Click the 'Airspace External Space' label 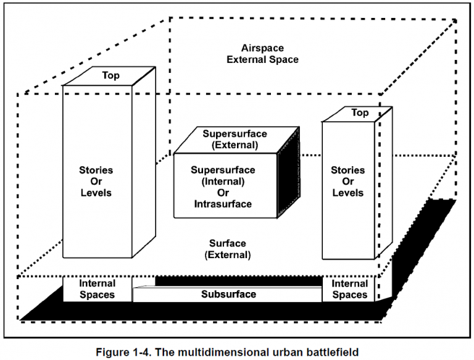coord(270,54)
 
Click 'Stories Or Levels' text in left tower coord(96,181)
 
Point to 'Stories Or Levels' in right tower coord(348,181)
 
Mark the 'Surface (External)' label coord(227,249)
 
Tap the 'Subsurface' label coord(228,294)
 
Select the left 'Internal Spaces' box coord(98,289)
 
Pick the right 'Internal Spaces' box coord(350,289)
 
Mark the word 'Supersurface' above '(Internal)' coord(222,170)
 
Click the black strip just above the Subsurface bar coord(238,282)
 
